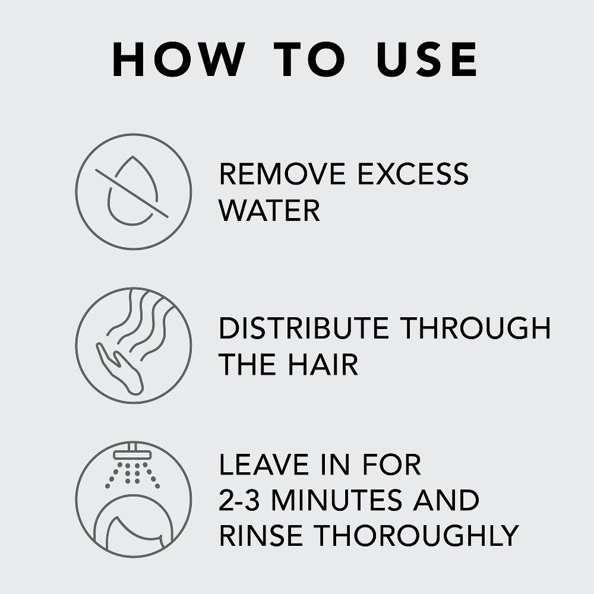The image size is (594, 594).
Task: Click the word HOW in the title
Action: pyautogui.click(x=179, y=59)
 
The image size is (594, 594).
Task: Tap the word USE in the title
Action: pyautogui.click(x=427, y=59)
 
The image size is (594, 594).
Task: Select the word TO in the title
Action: pyautogui.click(x=309, y=59)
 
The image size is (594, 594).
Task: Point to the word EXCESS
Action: pyautogui.click(x=413, y=174)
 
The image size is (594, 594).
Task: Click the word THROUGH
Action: pyautogui.click(x=475, y=328)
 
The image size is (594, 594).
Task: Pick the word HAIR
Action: pyautogui.click(x=323, y=364)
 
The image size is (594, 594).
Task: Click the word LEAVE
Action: pyautogui.click(x=264, y=465)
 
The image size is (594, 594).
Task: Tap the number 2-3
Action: pyautogui.click(x=239, y=500)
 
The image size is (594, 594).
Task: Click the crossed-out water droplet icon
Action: pyautogui.click(x=133, y=192)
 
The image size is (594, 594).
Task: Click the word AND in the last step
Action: pyautogui.click(x=447, y=500)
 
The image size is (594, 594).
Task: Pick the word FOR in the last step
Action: pyautogui.click(x=391, y=465)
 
